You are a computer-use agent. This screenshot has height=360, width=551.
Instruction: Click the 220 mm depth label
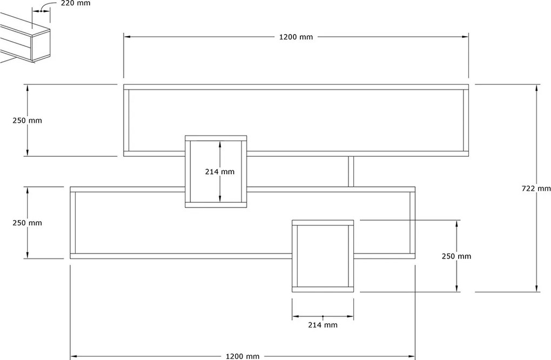pyautogui.click(x=75, y=4)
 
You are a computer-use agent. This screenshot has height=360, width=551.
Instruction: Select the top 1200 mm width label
pyautogui.click(x=296, y=37)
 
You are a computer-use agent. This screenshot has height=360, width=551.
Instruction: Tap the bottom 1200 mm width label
pyautogui.click(x=243, y=356)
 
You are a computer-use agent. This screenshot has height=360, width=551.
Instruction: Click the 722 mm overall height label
pyautogui.click(x=536, y=189)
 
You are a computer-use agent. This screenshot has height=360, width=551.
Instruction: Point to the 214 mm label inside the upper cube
pyautogui.click(x=220, y=171)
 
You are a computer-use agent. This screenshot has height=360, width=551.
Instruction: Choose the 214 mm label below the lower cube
pyautogui.click(x=322, y=325)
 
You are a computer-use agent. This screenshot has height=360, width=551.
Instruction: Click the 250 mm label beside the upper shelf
pyautogui.click(x=27, y=120)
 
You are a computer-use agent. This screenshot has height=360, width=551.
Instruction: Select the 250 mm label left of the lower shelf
pyautogui.click(x=27, y=223)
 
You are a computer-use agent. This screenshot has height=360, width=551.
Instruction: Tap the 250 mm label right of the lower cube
pyautogui.click(x=456, y=256)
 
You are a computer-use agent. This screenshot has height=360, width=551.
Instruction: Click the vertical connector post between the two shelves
pyautogui.click(x=351, y=171)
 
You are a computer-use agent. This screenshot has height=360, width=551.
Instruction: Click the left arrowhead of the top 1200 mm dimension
pyautogui.click(x=127, y=37)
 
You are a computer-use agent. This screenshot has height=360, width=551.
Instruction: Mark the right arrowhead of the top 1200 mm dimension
pyautogui.click(x=465, y=37)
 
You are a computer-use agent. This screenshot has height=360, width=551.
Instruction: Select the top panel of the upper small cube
pyautogui.click(x=216, y=138)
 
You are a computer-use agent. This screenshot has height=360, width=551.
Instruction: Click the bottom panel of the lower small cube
pyautogui.click(x=322, y=289)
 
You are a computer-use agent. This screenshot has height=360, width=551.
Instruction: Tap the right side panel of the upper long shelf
pyautogui.click(x=466, y=120)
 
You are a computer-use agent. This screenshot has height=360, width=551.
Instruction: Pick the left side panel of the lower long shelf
pyautogui.click(x=73, y=223)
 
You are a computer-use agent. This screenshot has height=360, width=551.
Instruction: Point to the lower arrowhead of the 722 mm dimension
pyautogui.click(x=536, y=288)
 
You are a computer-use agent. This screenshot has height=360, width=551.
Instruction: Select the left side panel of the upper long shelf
pyautogui.click(x=126, y=120)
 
